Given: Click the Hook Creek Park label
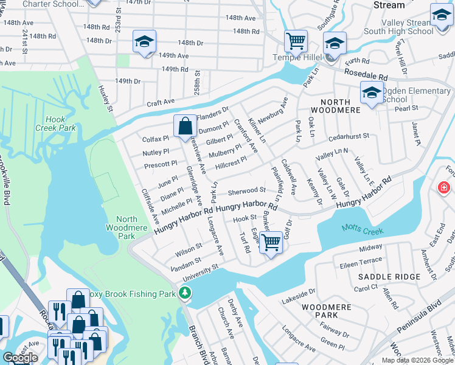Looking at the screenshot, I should (60, 124).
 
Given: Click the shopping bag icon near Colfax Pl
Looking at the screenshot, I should (186, 127).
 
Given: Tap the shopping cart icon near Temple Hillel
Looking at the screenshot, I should (295, 41).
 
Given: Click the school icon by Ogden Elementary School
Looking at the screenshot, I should (372, 94).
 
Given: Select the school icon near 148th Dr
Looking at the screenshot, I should (144, 41).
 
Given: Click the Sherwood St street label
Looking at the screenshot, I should (246, 191).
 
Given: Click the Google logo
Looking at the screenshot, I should (20, 358).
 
